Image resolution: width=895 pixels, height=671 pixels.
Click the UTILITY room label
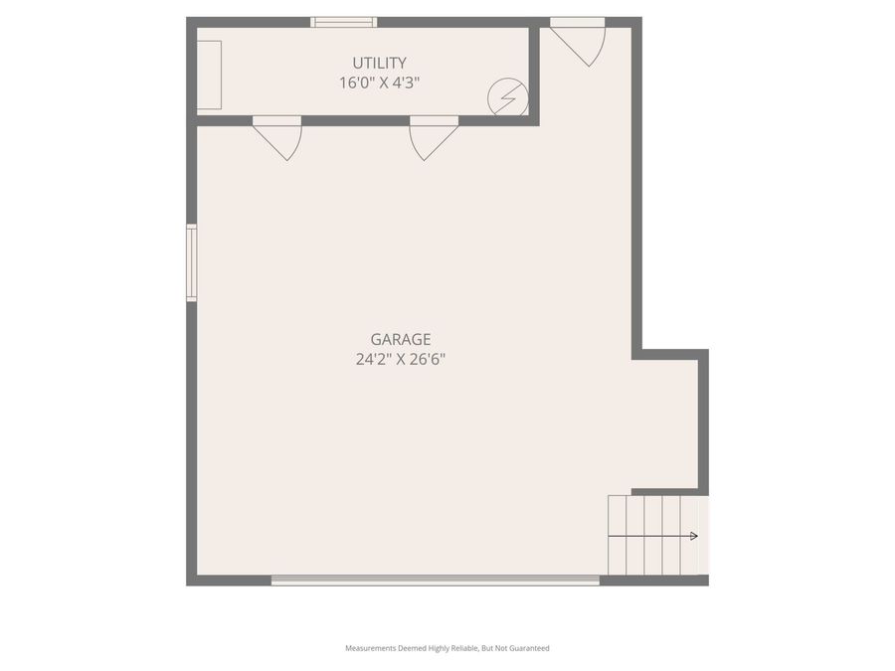click(379, 63)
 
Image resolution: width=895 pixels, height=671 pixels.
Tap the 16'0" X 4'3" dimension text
click(379, 83)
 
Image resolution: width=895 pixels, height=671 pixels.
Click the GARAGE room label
click(401, 339)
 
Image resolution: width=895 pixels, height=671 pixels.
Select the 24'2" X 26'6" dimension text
click(401, 359)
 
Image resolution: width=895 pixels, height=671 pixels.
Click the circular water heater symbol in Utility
click(507, 97)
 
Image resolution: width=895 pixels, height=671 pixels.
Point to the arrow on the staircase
click(692, 536)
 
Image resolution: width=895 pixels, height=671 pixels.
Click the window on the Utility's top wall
click(343, 22)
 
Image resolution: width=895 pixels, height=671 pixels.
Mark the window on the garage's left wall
click(191, 262)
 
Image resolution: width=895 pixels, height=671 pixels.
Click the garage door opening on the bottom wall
click(436, 581)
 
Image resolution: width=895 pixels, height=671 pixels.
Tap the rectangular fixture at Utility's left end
click(209, 75)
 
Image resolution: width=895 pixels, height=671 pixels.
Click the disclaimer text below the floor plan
click(447, 648)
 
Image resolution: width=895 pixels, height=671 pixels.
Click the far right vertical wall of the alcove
click(703, 421)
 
